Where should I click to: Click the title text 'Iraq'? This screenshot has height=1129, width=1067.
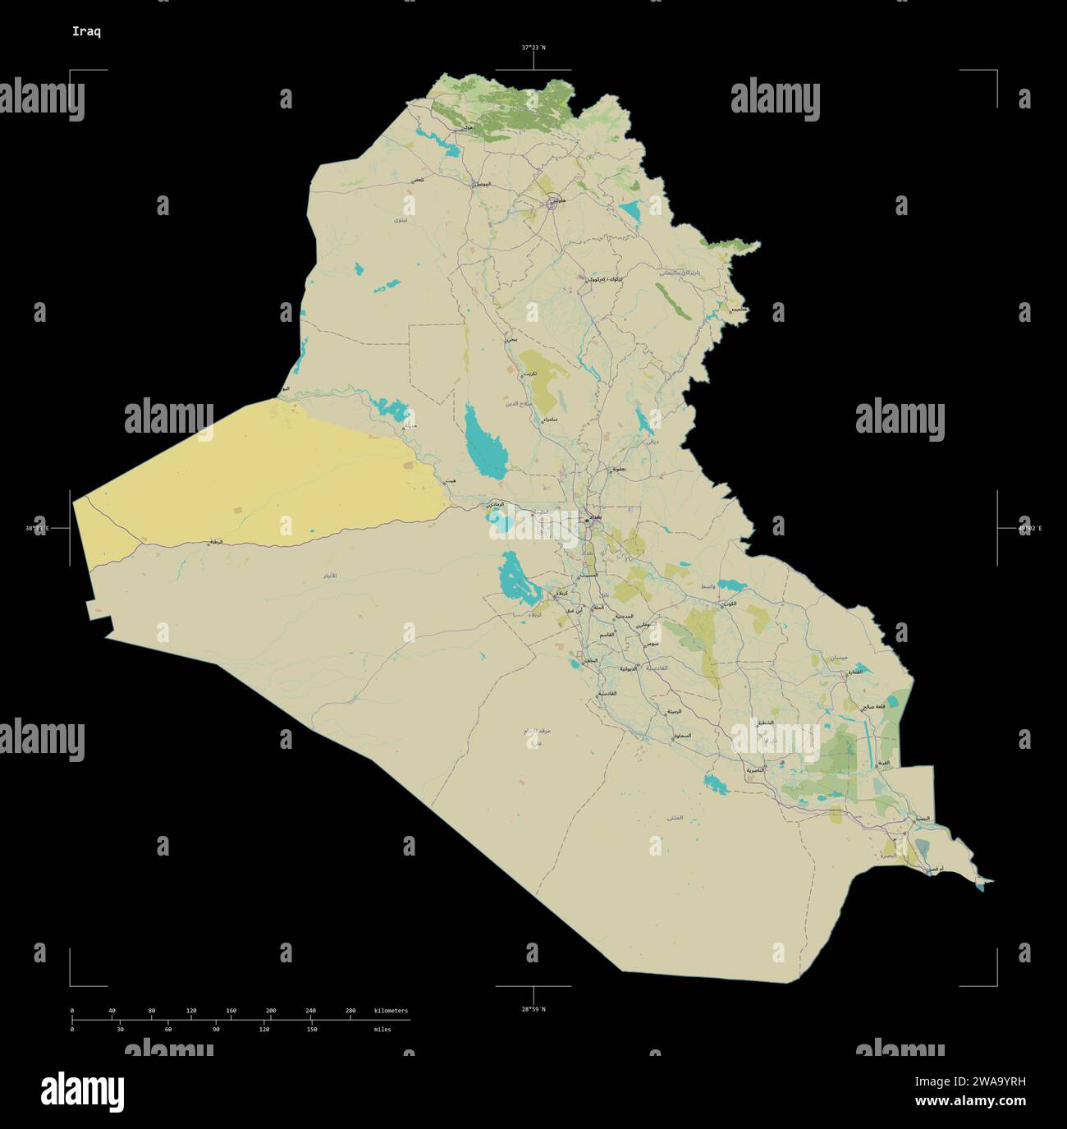tap(87, 32)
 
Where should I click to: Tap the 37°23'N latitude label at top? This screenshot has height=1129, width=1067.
tap(533, 48)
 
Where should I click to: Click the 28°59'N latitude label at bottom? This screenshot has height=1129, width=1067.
tap(533, 1008)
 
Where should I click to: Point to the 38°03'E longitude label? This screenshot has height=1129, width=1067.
tap(37, 528)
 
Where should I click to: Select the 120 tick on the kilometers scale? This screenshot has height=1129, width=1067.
tap(191, 1011)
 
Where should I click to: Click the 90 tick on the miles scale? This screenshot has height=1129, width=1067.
tap(216, 1029)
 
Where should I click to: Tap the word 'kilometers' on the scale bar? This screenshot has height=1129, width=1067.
tap(391, 1011)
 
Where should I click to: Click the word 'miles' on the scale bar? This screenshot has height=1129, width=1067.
tap(382, 1029)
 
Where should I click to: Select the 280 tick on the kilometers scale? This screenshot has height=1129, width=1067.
tap(350, 1011)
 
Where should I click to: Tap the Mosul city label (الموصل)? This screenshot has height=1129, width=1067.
tap(482, 184)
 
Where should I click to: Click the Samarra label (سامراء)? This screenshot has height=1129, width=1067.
tap(548, 419)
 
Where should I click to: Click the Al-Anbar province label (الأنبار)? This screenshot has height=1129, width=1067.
tap(330, 577)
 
